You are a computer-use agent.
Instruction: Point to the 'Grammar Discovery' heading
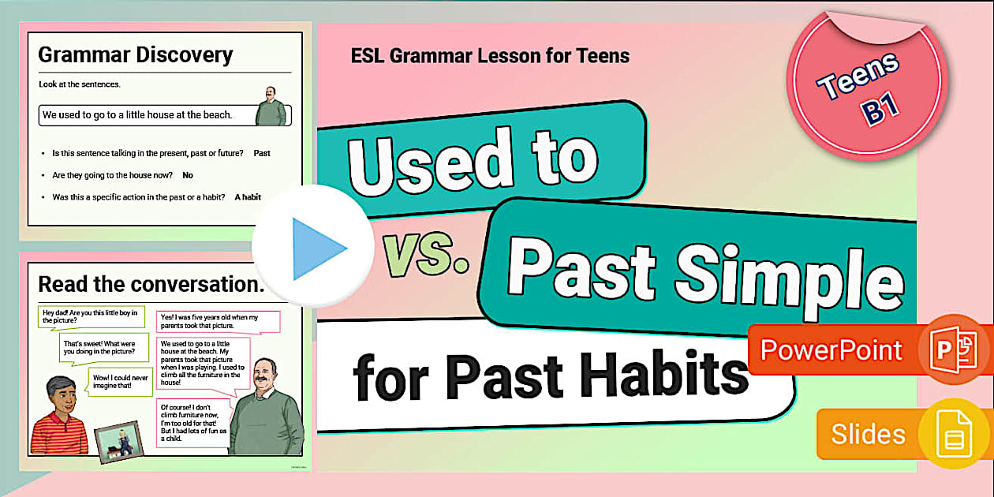pyautogui.click(x=135, y=54)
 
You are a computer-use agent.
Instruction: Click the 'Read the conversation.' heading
pyautogui.click(x=151, y=284)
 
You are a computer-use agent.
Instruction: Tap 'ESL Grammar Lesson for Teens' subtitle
pyautogui.click(x=490, y=56)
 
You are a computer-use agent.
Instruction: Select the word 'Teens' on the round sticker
pyautogui.click(x=858, y=77)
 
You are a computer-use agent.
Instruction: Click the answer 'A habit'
pyautogui.click(x=248, y=197)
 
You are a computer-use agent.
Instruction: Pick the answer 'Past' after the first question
pyautogui.click(x=262, y=153)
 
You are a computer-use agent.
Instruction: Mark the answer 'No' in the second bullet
pyautogui.click(x=188, y=175)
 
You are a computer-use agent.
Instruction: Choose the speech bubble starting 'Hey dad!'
pyautogui.click(x=89, y=317)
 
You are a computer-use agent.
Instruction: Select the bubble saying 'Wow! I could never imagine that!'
pyautogui.click(x=119, y=382)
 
